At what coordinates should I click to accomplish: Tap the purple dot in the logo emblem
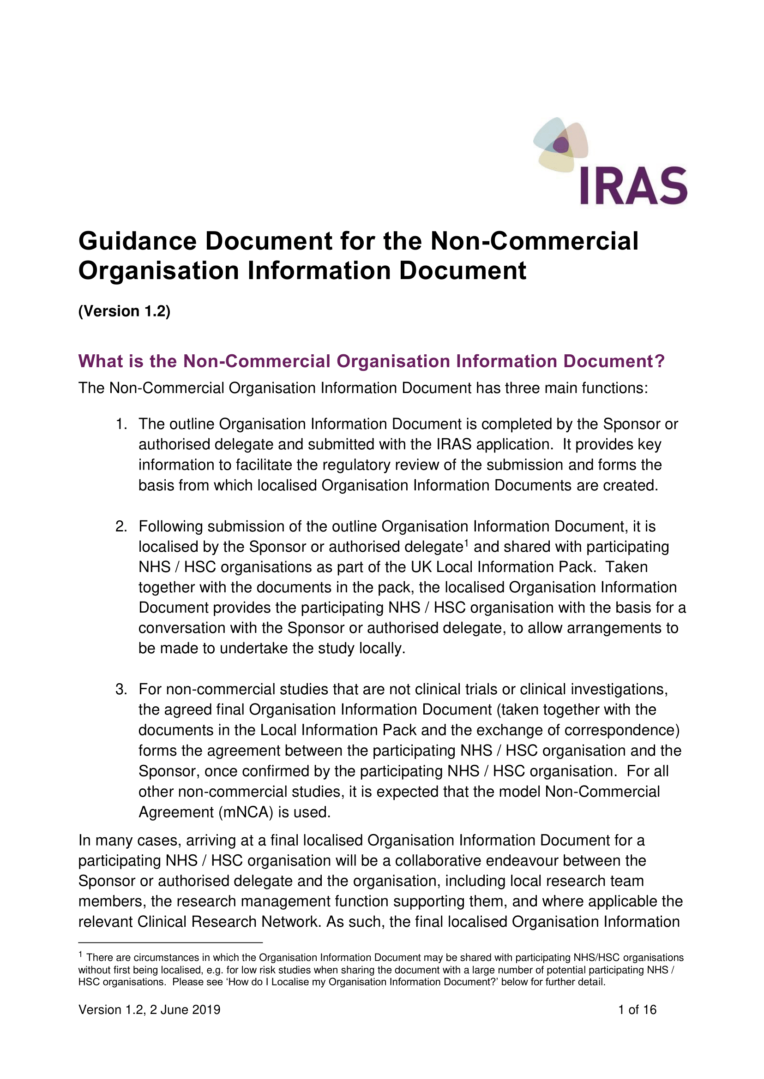click(x=561, y=145)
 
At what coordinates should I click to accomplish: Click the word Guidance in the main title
click(x=138, y=241)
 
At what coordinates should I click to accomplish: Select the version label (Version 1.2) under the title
click(x=124, y=311)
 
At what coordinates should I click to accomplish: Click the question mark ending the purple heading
click(x=660, y=361)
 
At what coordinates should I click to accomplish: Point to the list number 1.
click(x=121, y=424)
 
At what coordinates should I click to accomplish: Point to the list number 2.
click(x=121, y=526)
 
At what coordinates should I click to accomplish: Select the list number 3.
click(x=121, y=689)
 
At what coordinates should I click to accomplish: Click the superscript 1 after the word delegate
click(x=467, y=543)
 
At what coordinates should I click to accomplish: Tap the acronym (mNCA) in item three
click(x=246, y=812)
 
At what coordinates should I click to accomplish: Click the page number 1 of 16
click(x=637, y=1009)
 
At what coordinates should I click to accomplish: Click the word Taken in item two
click(x=626, y=567)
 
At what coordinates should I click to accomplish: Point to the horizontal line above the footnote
click(x=170, y=942)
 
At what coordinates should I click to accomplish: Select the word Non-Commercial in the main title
click(x=535, y=241)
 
